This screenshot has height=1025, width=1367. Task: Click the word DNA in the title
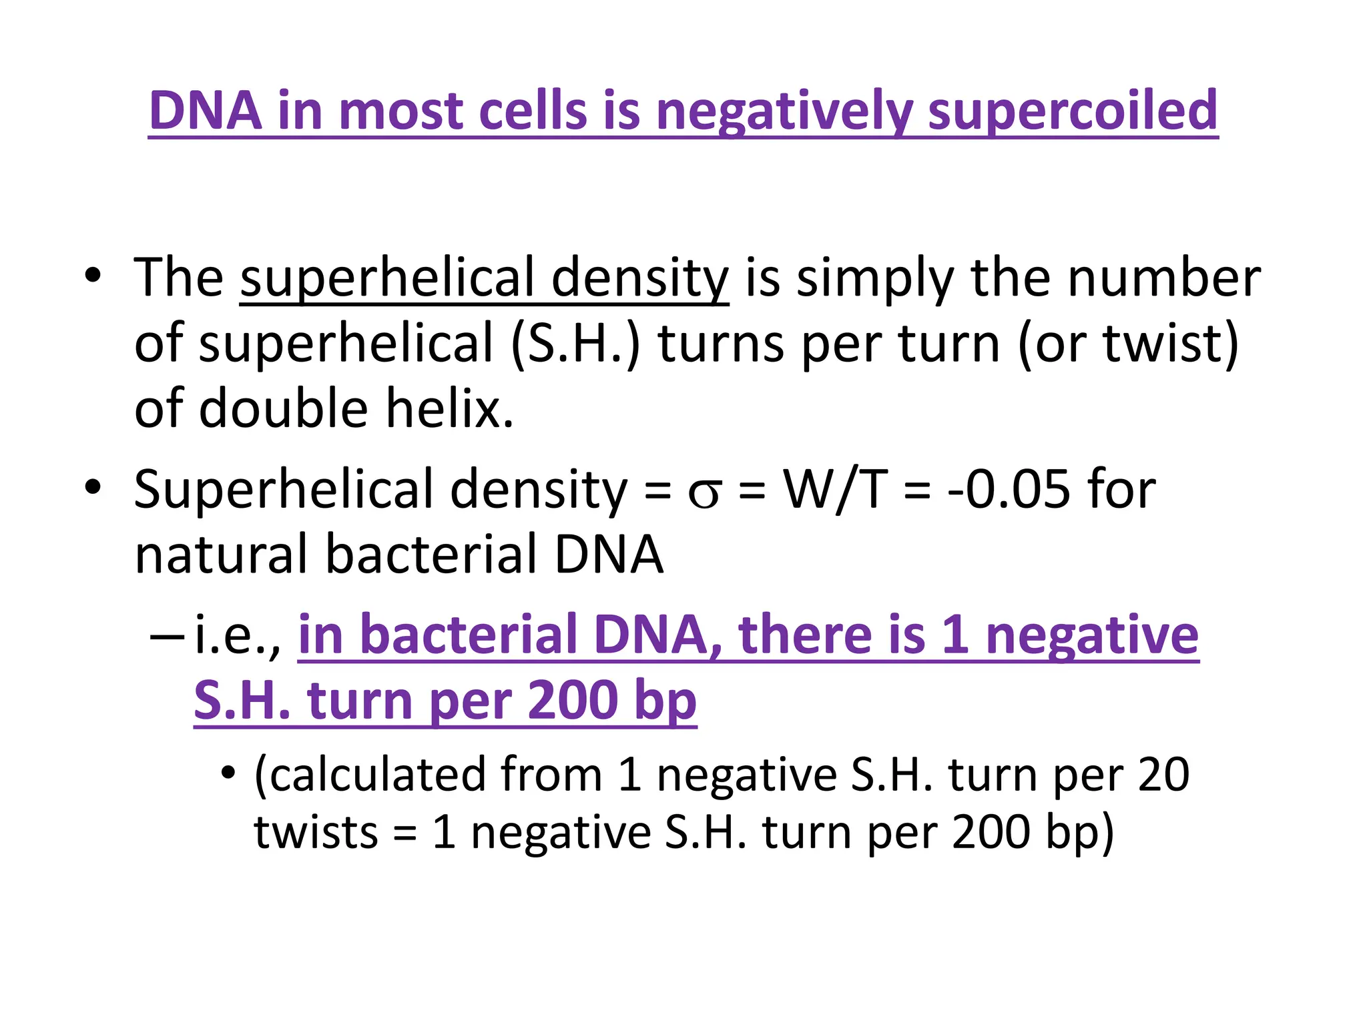tap(206, 110)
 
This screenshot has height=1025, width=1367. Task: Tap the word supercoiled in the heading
tap(1073, 110)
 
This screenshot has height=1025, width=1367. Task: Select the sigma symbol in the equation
tap(705, 490)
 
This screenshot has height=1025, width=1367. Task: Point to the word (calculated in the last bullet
tap(370, 775)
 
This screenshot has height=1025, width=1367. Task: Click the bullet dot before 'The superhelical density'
tap(93, 276)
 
